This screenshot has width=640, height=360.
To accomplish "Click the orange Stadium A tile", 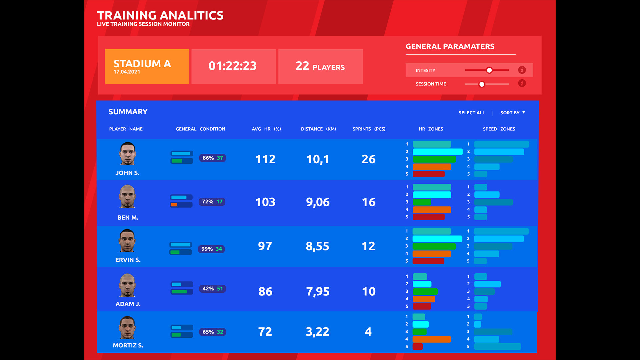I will pyautogui.click(x=147, y=67).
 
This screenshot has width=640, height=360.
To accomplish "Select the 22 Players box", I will pyautogui.click(x=320, y=66).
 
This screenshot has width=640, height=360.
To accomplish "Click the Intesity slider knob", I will pyautogui.click(x=489, y=70).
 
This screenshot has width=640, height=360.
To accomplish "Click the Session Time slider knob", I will pyautogui.click(x=482, y=84).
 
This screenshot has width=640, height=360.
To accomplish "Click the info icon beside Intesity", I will pyautogui.click(x=522, y=70).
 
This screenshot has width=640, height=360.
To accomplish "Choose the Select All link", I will pyautogui.click(x=471, y=113).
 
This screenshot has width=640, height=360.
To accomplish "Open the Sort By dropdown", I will pyautogui.click(x=512, y=113).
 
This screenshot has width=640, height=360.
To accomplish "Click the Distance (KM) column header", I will pyautogui.click(x=318, y=129).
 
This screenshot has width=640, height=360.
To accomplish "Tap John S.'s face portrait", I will pyautogui.click(x=127, y=154).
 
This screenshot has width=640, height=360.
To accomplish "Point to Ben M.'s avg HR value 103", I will pyautogui.click(x=265, y=202).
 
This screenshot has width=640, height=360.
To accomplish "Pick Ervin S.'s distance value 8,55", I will pyautogui.click(x=317, y=246).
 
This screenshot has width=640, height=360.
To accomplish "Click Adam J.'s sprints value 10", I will pyautogui.click(x=368, y=292).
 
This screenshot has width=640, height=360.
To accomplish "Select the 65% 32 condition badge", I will pyautogui.click(x=212, y=332).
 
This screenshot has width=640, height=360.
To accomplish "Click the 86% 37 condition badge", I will pyautogui.click(x=212, y=158).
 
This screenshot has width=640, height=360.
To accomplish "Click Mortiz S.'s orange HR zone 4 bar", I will pyautogui.click(x=431, y=339).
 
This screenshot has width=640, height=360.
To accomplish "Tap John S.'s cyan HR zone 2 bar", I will pyautogui.click(x=437, y=152).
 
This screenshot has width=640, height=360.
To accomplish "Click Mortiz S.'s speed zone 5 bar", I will pyautogui.click(x=497, y=347).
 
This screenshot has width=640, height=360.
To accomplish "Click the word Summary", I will pyautogui.click(x=128, y=112).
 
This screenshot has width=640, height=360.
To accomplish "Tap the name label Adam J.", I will pyautogui.click(x=128, y=304).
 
